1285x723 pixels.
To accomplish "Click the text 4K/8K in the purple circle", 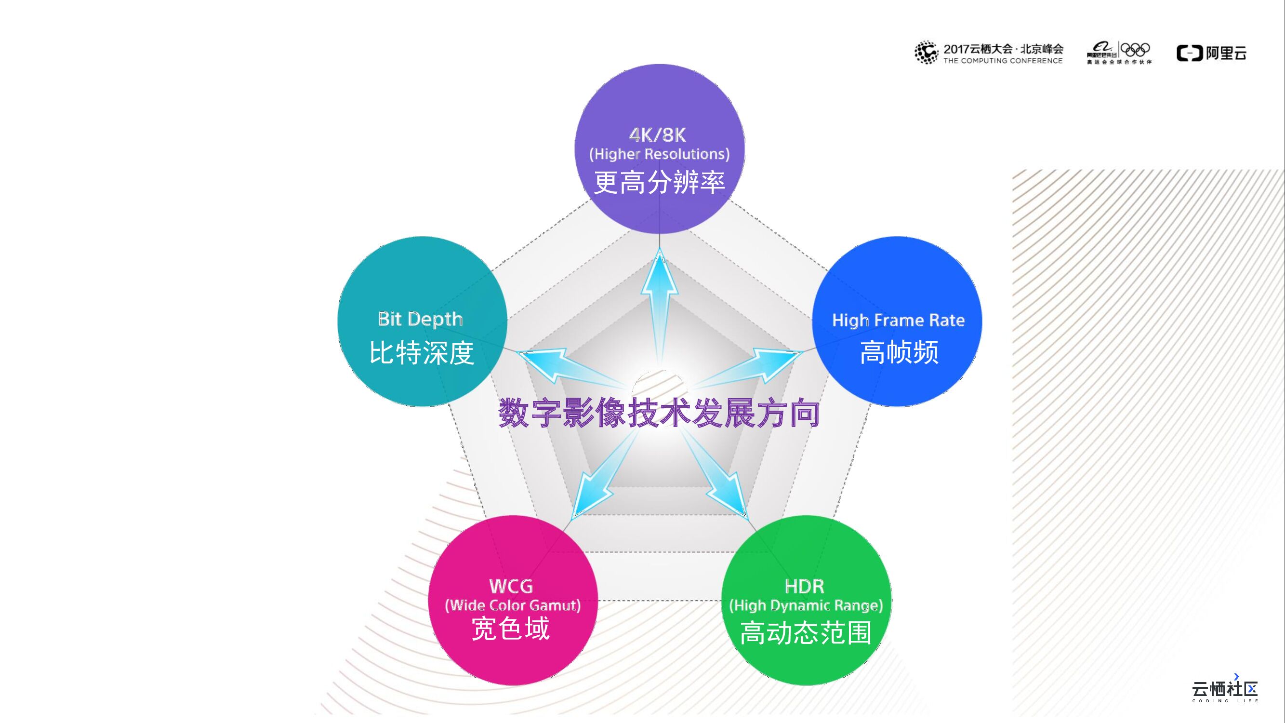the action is coord(658,135).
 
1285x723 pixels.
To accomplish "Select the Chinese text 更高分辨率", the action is coord(659,182).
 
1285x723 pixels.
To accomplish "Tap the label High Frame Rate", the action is coord(898,321).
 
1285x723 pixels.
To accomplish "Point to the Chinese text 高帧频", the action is coord(899,352).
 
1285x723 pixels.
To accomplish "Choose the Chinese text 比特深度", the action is coord(422,353).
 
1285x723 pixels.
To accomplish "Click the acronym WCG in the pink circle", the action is coord(511,586).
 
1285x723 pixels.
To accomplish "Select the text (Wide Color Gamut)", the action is coord(513,605).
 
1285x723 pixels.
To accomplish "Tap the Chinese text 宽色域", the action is coord(511,629).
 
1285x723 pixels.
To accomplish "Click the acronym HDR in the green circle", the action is coord(804,586).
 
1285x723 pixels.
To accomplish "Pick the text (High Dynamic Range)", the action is coord(806,605).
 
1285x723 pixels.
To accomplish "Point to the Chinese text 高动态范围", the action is coord(806,633).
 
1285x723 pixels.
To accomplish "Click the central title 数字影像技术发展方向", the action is coord(659,413).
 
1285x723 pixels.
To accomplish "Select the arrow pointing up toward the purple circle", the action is coord(660,299).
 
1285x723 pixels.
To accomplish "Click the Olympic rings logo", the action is coord(1135,50).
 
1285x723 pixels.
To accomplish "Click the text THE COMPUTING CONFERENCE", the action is coord(1003,61).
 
